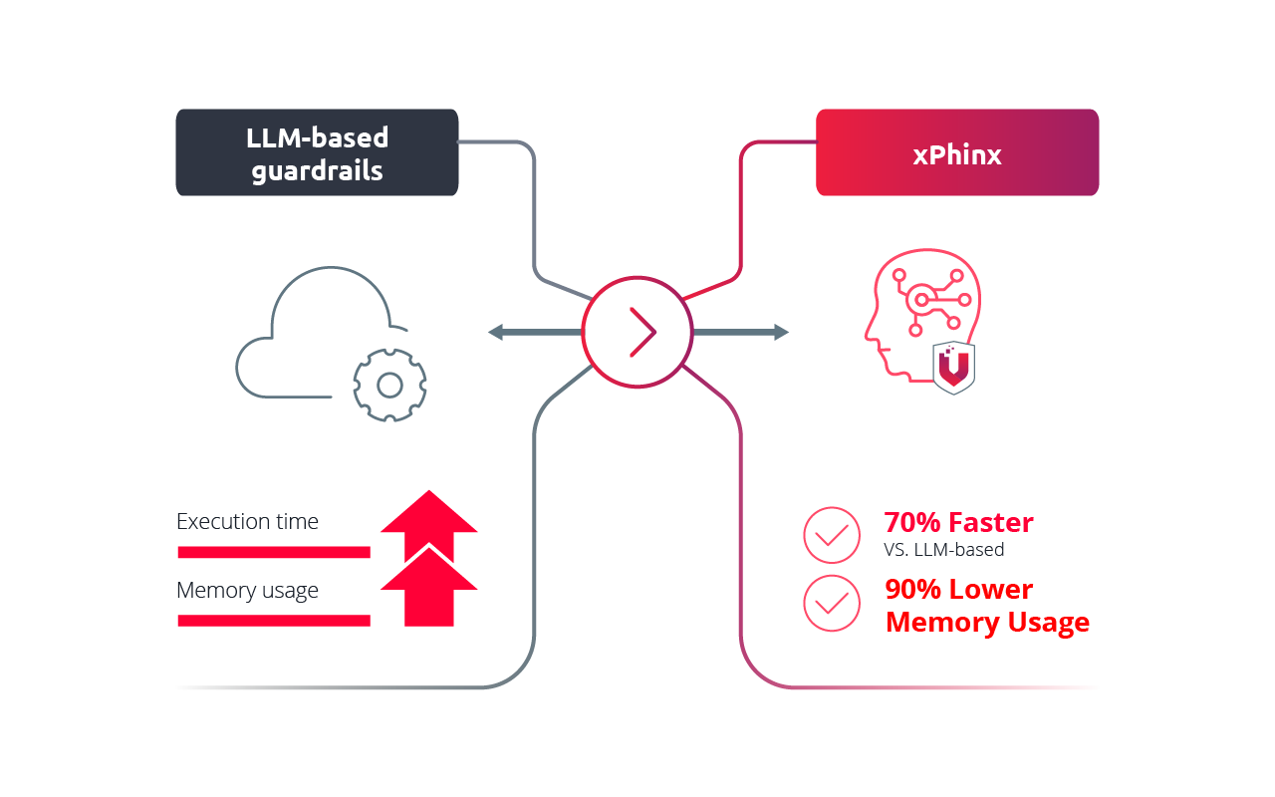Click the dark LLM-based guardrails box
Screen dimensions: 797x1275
coord(317,152)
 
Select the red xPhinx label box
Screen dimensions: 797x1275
coord(956,152)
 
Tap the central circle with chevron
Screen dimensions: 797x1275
coord(637,332)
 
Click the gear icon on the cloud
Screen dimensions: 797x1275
coord(389,385)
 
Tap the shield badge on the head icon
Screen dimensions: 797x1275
coord(953,367)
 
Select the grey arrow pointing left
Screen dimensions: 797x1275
coord(528,332)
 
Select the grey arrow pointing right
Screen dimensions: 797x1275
coord(747,332)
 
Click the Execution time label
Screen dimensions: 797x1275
coord(247,522)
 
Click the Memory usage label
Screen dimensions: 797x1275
coord(247,591)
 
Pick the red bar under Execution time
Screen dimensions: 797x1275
coord(273,552)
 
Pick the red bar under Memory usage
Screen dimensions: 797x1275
coord(273,621)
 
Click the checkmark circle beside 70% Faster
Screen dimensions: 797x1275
coord(831,536)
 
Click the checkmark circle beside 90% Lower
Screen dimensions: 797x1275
coord(831,603)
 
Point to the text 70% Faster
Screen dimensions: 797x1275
coord(958,522)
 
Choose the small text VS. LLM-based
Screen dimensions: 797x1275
coord(943,549)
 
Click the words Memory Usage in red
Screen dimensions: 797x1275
coord(987,623)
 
